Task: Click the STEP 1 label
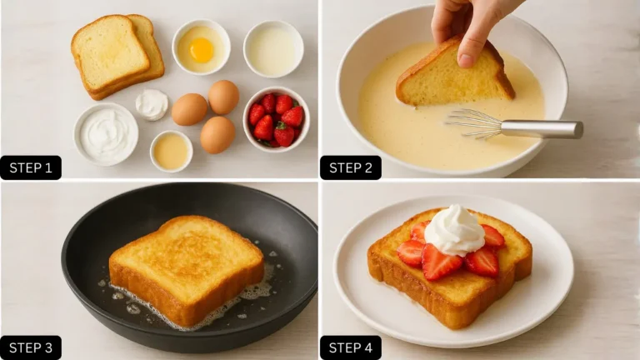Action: tap(31, 167)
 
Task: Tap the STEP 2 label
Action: tap(351, 167)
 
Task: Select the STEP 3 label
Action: tap(31, 347)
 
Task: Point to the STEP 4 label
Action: tap(351, 347)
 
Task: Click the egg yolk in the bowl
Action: tap(201, 50)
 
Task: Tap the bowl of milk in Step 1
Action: tap(272, 49)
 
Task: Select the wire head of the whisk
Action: tap(473, 122)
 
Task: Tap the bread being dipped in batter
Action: tap(452, 77)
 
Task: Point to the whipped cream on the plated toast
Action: tap(454, 228)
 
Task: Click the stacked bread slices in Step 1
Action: tap(117, 55)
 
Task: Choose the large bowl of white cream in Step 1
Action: tap(106, 133)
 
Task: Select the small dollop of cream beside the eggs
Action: tap(152, 104)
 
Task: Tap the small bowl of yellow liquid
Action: tap(171, 151)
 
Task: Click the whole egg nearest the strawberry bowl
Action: tap(223, 97)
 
